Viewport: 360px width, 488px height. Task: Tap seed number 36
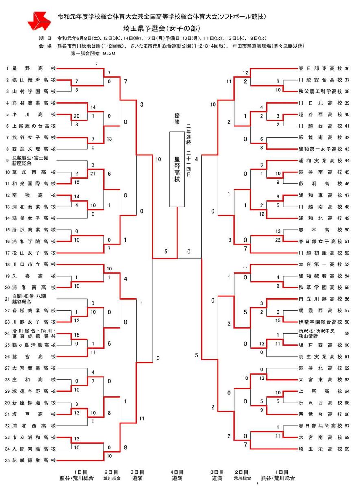point(347,68)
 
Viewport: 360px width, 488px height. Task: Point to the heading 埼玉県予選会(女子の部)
point(162,28)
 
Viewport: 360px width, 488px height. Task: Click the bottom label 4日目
point(177,472)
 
